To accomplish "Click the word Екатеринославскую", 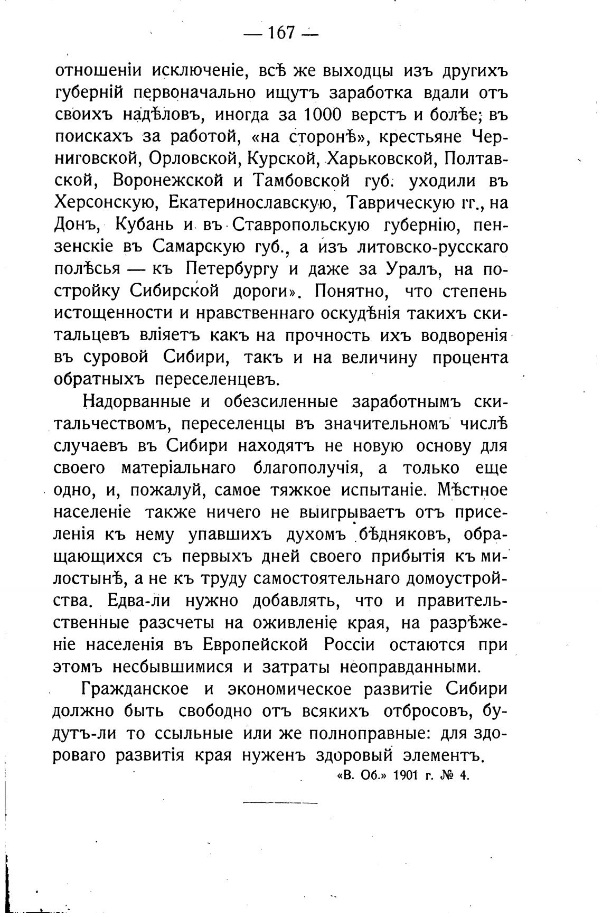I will [250, 203].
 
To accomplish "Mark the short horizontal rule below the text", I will [280, 803].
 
